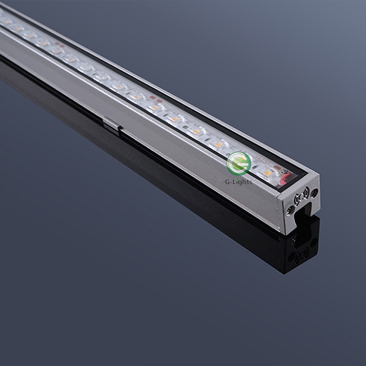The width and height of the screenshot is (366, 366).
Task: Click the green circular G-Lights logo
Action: (239, 163)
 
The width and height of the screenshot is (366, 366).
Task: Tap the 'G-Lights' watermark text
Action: (238, 182)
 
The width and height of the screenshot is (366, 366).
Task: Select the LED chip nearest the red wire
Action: (267, 173)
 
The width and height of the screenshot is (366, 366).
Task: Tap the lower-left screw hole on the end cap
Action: (290, 210)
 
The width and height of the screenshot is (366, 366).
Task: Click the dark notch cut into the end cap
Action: (304, 215)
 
